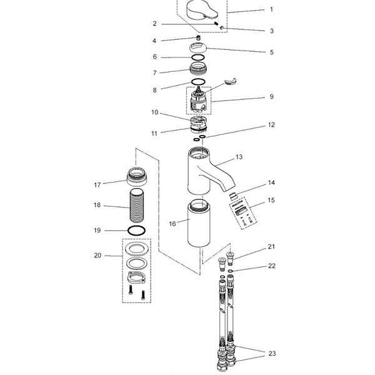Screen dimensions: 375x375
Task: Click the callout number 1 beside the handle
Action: pos(271,9)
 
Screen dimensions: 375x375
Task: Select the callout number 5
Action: pos(272,52)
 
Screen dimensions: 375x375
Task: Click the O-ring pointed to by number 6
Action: pos(197,57)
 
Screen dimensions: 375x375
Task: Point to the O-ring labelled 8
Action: pos(199,82)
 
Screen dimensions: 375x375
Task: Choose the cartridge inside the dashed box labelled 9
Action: pos(198,100)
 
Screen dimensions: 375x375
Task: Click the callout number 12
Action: pos(271,125)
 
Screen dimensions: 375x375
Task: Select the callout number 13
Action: pos(239,157)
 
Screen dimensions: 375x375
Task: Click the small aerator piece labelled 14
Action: pos(232,196)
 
